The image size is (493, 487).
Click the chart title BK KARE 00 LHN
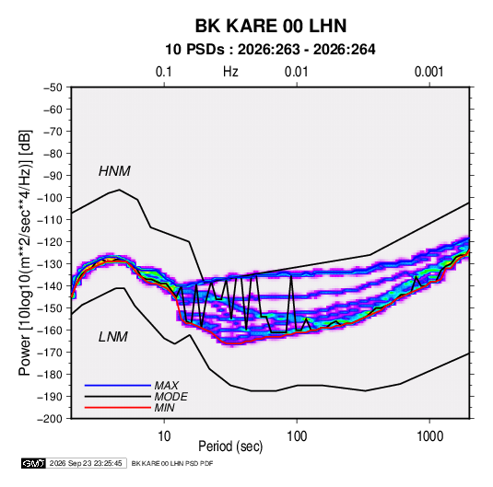pos(271,26)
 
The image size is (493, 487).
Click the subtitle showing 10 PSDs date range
pos(270,50)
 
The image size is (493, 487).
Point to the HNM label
pos(114,171)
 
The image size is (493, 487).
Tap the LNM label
pos(113,337)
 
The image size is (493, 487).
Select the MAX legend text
pos(166,385)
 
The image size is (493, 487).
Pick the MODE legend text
pos(170,397)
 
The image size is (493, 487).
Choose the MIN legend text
pos(164,408)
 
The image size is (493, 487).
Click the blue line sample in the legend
pos(118,385)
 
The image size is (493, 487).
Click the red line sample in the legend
pos(118,408)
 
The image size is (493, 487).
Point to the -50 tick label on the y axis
pos(53,87)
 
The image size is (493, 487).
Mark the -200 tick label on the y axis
pos(50,419)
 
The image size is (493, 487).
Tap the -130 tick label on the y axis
pos(50,264)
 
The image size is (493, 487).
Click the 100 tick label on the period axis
pos(297,436)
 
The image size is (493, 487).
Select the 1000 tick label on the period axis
pos(429,436)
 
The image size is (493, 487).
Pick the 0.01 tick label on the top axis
pos(296,72)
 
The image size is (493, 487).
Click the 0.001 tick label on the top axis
pos(428,72)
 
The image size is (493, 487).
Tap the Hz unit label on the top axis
pos(230,72)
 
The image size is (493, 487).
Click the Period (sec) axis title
pos(230,446)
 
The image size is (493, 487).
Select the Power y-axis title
pos(25,253)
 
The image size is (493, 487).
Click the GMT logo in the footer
pos(34,463)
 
